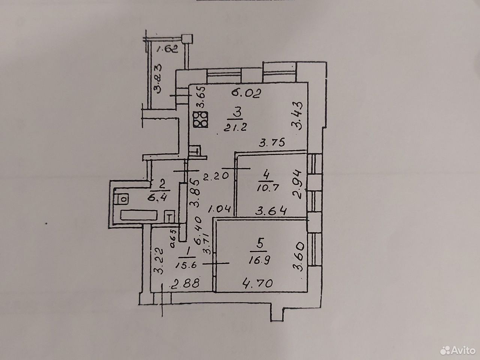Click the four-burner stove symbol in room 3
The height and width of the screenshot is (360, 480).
pyautogui.click(x=201, y=120)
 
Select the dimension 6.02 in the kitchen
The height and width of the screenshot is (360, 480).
pyautogui.click(x=247, y=93)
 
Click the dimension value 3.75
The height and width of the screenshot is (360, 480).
pyautogui.click(x=272, y=143)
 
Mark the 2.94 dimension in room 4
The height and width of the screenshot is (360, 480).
pyautogui.click(x=298, y=185)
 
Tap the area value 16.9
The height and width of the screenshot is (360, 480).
pyautogui.click(x=260, y=260)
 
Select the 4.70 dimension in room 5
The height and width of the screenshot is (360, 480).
pyautogui.click(x=258, y=283)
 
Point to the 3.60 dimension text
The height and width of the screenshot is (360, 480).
pyautogui.click(x=299, y=256)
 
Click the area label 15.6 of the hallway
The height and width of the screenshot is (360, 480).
pyautogui.click(x=186, y=265)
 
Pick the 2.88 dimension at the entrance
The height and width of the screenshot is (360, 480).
pyautogui.click(x=186, y=283)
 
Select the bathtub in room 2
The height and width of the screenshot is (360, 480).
pyautogui.click(x=139, y=215)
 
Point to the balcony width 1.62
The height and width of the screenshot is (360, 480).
pyautogui.click(x=168, y=49)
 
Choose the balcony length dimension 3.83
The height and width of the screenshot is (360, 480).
pyautogui.click(x=157, y=79)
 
